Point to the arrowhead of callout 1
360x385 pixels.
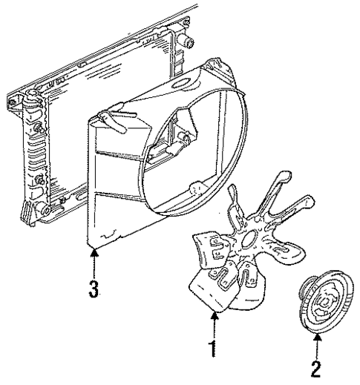(x=215, y=315)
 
